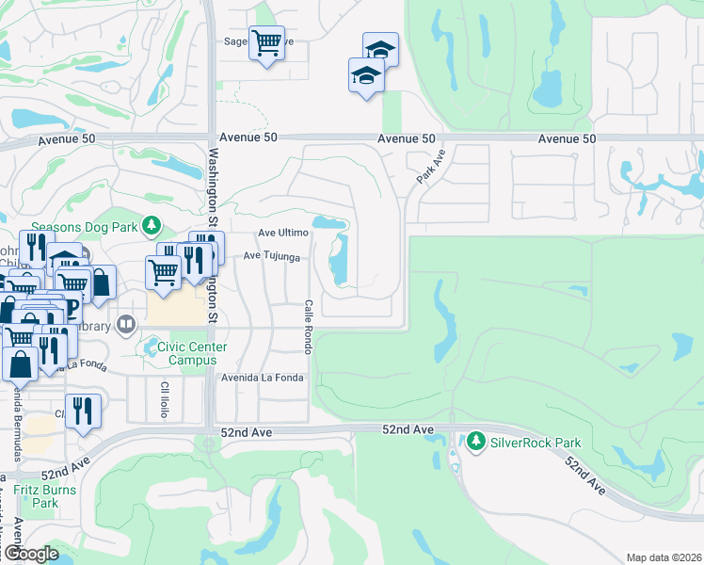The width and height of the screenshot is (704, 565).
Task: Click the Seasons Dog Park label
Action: (84, 227)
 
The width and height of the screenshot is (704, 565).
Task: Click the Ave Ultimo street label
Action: (283, 233)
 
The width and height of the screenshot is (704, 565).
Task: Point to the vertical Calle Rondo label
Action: (308, 327)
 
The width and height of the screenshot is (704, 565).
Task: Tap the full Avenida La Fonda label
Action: (263, 379)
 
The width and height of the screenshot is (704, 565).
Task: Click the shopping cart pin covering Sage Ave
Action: (266, 42)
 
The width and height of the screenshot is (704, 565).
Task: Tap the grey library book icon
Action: (125, 325)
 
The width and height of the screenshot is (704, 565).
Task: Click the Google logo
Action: (31, 554)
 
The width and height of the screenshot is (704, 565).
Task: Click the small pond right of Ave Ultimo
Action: (328, 223)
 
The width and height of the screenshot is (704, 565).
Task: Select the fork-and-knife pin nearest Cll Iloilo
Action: (84, 411)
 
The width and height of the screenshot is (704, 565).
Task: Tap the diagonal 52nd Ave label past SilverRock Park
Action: (584, 476)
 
